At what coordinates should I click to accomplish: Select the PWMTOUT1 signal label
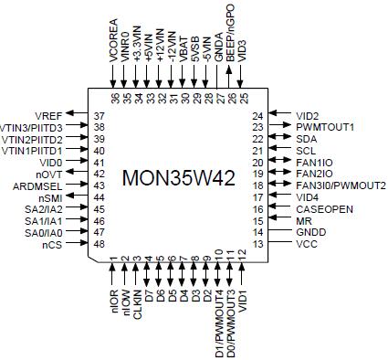[327, 126]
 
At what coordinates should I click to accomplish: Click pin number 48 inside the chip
[99, 245]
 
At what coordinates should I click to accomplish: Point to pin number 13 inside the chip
[258, 245]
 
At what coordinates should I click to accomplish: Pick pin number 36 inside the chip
[114, 97]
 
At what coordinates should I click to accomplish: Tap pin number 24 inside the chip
[258, 115]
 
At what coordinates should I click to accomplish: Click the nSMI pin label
[51, 197]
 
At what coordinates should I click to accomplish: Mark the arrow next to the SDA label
[280, 138]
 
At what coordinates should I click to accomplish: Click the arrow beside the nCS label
[77, 245]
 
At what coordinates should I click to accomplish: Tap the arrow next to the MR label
[280, 221]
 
